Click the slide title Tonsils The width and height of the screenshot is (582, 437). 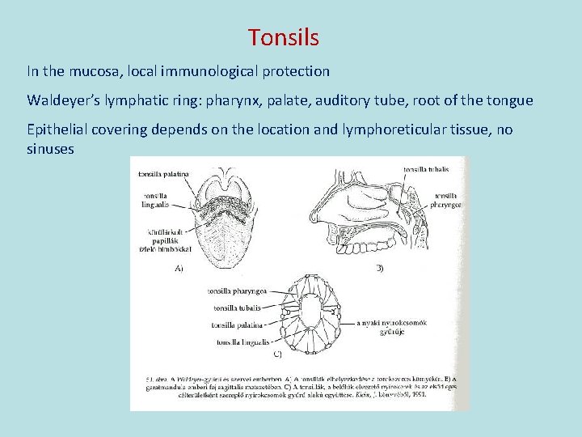coord(284,37)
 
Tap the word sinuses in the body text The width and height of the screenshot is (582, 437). coord(50,149)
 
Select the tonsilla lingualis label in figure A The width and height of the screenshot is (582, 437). coord(157,200)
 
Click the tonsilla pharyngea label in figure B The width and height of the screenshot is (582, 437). coord(447,200)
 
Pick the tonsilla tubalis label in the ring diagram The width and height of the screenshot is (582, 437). coord(237,308)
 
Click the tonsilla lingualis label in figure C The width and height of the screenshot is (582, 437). coord(238,343)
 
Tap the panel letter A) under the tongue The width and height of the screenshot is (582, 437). coord(179,269)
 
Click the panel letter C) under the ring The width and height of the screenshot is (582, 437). coord(276,354)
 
